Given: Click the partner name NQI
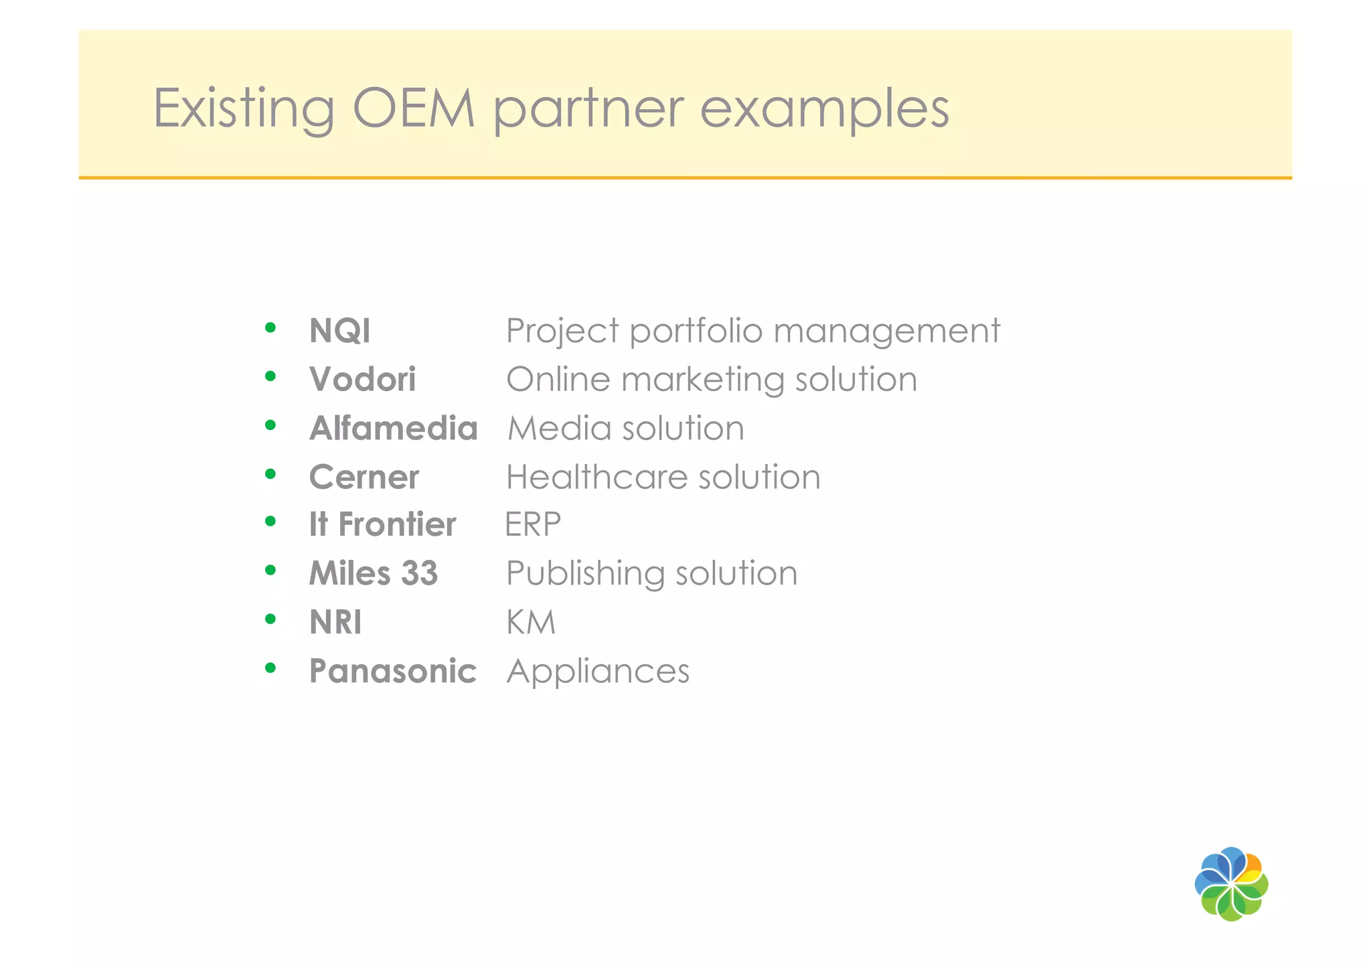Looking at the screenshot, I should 339,331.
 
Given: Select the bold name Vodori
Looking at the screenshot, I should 362,380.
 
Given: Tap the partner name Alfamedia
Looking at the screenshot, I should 393,429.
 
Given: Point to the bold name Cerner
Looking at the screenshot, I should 364,477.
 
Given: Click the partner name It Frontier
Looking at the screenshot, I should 382,524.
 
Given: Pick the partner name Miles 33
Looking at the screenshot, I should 373,573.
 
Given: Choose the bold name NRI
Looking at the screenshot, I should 335,623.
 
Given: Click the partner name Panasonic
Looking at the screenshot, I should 392,671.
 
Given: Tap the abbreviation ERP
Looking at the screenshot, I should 532,524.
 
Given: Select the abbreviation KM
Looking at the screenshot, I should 530,623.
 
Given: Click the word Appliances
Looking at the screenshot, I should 598,672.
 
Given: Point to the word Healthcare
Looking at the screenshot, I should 596,477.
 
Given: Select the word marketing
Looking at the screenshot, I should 702,380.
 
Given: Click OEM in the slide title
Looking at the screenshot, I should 414,108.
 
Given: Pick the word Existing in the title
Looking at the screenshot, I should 244,109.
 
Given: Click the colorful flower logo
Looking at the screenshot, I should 1230,884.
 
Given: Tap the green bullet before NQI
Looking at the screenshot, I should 270,327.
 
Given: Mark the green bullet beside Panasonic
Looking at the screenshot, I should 270,668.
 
